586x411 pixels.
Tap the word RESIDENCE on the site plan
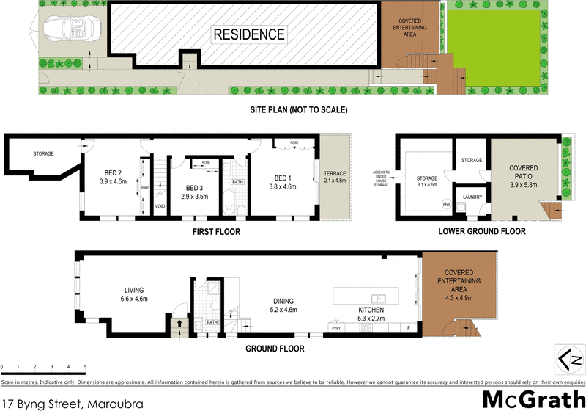(249, 34)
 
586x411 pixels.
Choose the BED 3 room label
(194, 188)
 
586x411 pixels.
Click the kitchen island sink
(379, 297)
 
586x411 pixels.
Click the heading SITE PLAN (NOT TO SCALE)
(296, 110)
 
